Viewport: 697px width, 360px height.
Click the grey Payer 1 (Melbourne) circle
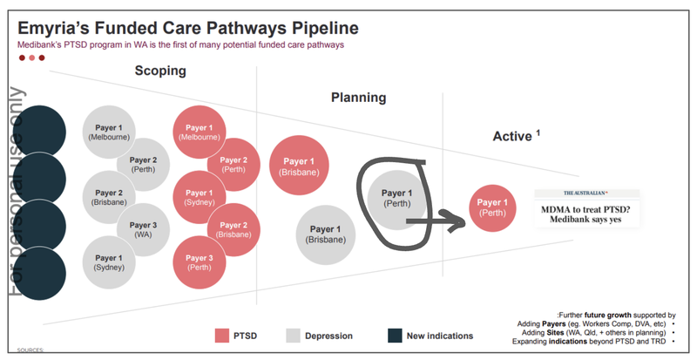coord(109,132)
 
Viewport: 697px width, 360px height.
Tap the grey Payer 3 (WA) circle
coord(144,229)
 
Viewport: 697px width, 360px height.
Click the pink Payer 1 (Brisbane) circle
coord(300,166)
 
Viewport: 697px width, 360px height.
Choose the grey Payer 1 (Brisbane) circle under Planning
coord(326,234)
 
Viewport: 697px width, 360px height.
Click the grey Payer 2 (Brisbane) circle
coord(109,197)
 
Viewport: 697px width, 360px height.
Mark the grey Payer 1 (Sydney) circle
coord(109,262)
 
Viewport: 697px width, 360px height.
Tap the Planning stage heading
coord(358,98)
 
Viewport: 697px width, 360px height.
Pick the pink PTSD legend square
coord(221,335)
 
